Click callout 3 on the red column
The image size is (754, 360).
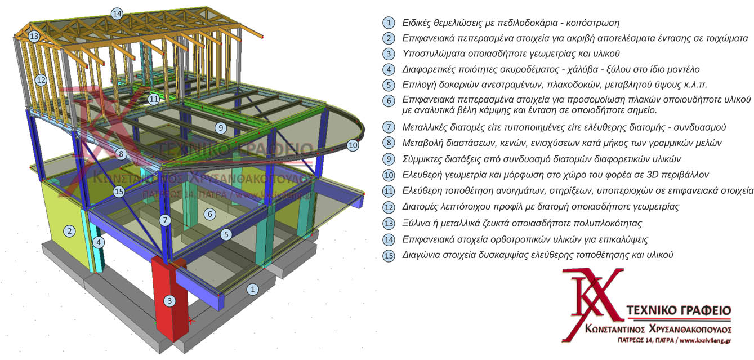tap(169, 301)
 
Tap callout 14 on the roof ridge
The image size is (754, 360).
tap(117, 14)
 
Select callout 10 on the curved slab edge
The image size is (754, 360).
tap(353, 145)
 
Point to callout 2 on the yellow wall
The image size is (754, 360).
tap(69, 231)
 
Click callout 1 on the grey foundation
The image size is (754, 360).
tap(252, 289)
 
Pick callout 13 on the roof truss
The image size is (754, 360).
tap(34, 36)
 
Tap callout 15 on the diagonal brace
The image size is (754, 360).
tap(119, 192)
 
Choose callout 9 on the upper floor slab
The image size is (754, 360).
tap(221, 128)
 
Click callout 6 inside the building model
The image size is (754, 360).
tap(209, 214)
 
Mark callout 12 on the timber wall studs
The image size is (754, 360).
tap(41, 80)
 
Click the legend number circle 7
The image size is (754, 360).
tap(389, 127)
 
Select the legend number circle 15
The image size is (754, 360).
tap(389, 256)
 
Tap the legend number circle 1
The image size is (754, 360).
tap(389, 23)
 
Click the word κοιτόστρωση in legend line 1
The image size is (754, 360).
tap(593, 23)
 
